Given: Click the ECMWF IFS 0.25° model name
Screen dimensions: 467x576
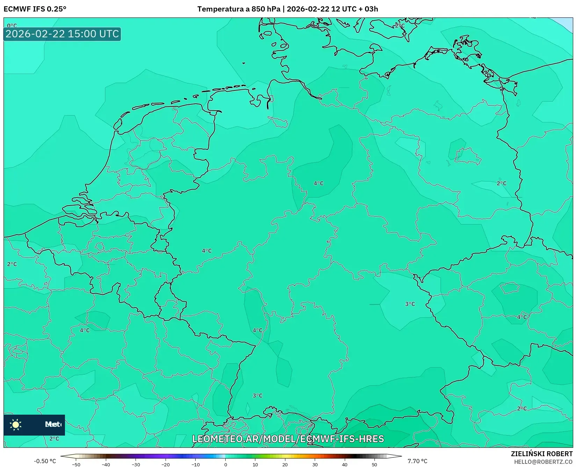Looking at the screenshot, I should (x=35, y=9).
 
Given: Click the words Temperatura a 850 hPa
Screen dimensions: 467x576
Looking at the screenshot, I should (x=239, y=9).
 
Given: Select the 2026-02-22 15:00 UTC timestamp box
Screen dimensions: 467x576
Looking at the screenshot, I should (x=62, y=34).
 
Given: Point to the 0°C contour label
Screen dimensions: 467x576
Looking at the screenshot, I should (x=12, y=25).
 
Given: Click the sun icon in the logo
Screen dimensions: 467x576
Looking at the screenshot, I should (x=16, y=424).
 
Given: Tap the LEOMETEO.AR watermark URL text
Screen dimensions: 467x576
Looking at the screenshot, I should (x=288, y=439).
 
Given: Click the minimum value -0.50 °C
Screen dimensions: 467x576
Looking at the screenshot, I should (x=45, y=461).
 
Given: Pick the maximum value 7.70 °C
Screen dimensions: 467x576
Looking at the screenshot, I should (x=417, y=461).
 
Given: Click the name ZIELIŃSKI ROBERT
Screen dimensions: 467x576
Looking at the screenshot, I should (x=542, y=454).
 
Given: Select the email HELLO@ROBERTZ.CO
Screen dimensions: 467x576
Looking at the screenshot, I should (x=543, y=462).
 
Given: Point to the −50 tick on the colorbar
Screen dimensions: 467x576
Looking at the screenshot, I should (x=76, y=464).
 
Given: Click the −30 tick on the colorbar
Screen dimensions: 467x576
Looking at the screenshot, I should (x=136, y=464).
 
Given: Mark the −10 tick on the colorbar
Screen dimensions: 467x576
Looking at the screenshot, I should (x=196, y=464).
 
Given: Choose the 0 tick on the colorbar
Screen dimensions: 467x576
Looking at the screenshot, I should (x=226, y=464).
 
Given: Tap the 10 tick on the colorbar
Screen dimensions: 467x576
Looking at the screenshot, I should (x=255, y=464).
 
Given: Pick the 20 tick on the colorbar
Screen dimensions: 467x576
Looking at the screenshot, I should (x=285, y=464).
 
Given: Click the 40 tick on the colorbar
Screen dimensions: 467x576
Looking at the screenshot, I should (x=345, y=464).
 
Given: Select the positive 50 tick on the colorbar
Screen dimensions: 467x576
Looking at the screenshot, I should (x=374, y=464).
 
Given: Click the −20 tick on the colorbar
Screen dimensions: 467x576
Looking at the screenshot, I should (x=166, y=464).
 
